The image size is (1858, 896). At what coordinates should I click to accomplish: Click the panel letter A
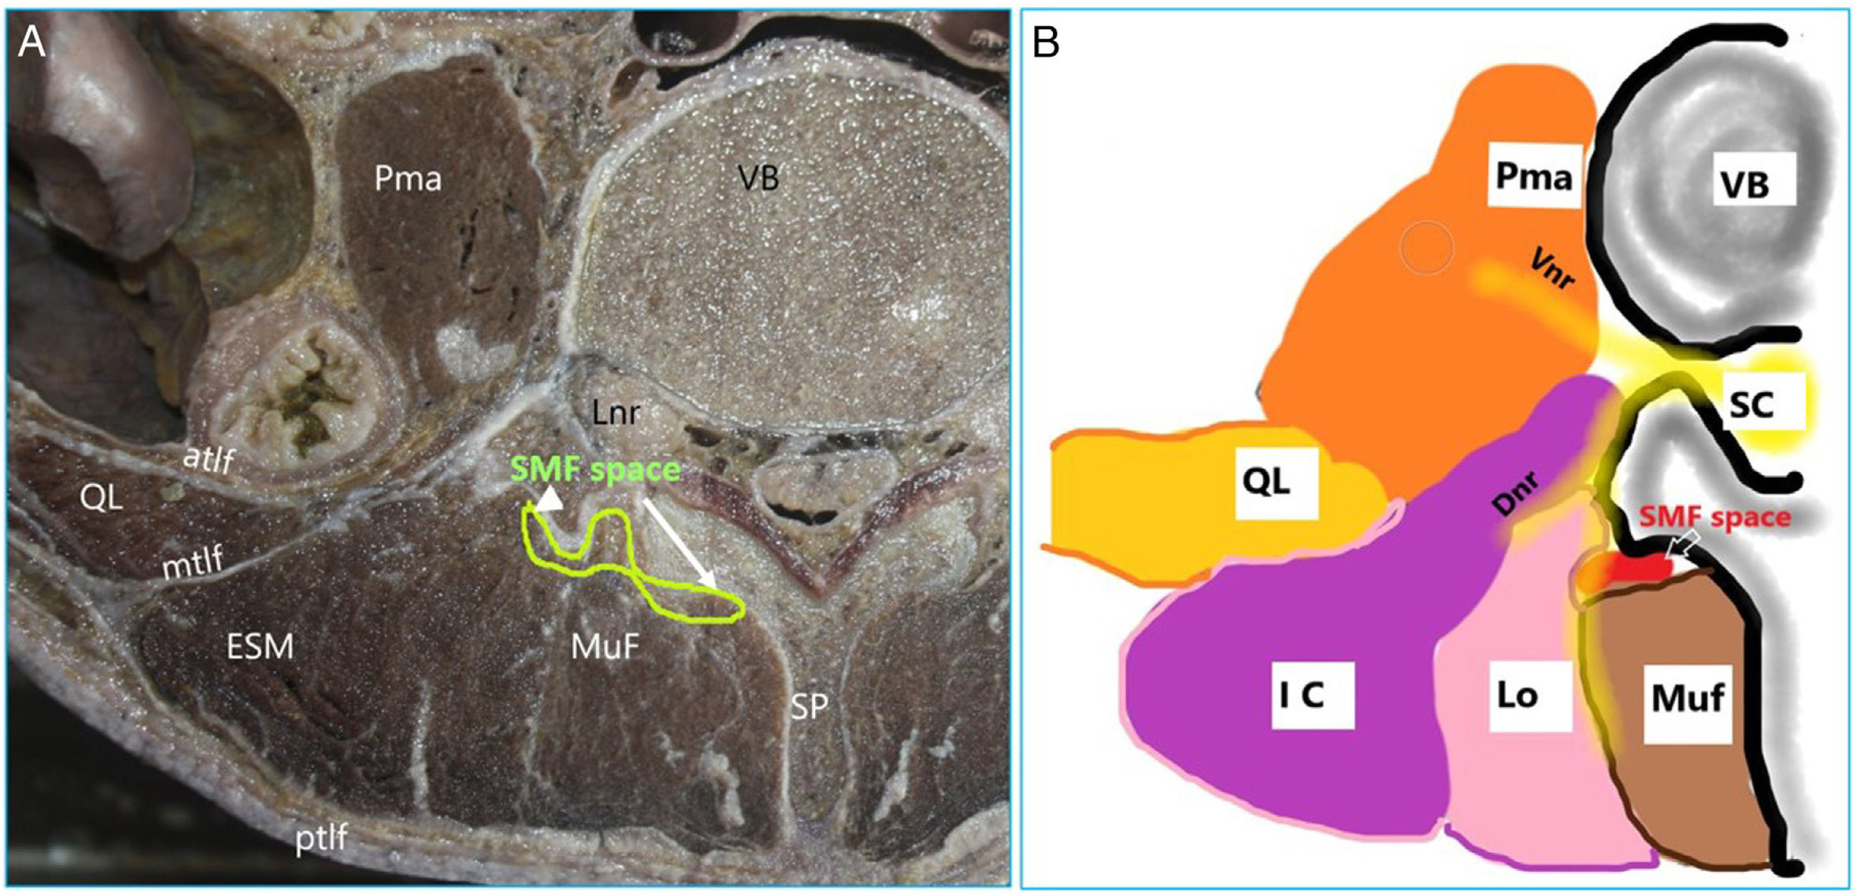[x=32, y=43]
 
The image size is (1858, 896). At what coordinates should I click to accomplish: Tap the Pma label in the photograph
[x=408, y=178]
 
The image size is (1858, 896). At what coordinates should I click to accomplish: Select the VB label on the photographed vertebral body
[x=759, y=177]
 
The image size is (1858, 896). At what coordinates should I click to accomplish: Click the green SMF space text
[x=595, y=470]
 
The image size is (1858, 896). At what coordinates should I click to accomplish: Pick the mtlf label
[x=192, y=563]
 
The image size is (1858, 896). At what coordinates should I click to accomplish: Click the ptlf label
[x=322, y=838]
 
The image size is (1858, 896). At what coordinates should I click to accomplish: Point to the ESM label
[x=260, y=647]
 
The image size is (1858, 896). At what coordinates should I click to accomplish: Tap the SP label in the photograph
[x=809, y=707]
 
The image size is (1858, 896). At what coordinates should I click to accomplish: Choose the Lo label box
[x=1517, y=695]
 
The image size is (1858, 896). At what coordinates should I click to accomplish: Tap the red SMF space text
[x=1715, y=517]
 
